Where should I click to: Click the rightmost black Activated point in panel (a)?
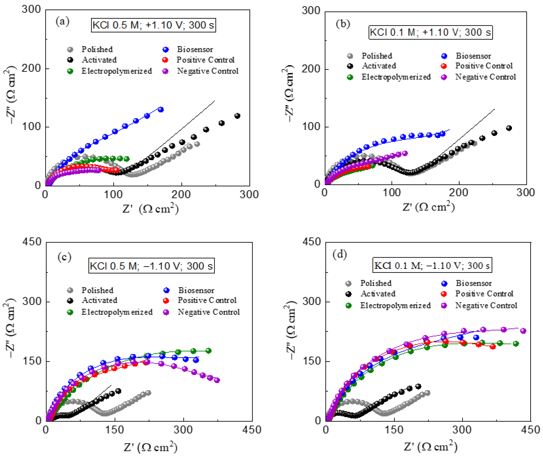click(237, 116)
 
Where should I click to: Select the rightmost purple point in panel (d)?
click(523, 331)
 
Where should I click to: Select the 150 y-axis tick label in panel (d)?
click(312, 361)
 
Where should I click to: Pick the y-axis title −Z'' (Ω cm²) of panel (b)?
click(288, 93)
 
